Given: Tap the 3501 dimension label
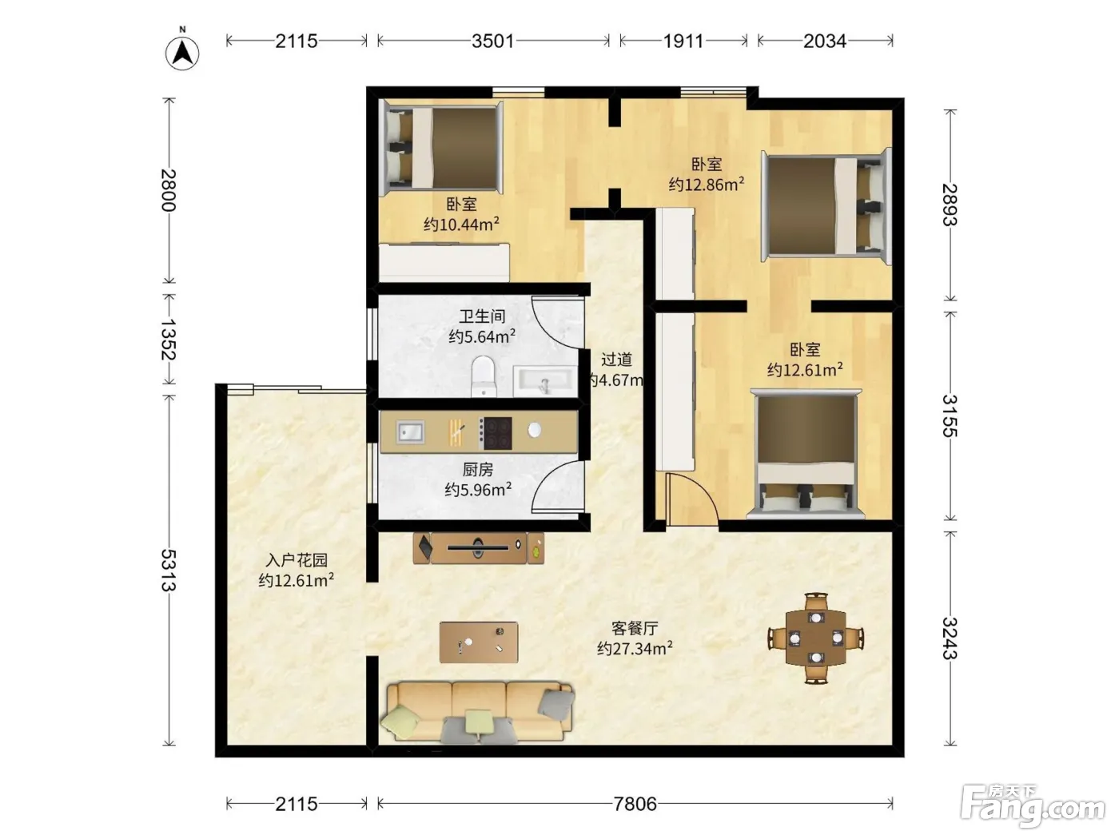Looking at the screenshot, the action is click(x=492, y=42).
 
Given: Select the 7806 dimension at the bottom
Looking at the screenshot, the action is click(x=635, y=805).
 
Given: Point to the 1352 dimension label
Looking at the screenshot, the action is click(x=169, y=340).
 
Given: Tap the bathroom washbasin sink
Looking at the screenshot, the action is click(x=545, y=381).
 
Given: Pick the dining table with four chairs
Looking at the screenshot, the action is click(x=816, y=638).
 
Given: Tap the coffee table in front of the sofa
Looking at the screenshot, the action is click(x=479, y=642).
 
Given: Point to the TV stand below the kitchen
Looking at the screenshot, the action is click(x=478, y=547).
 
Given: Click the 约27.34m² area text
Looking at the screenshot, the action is click(x=635, y=649).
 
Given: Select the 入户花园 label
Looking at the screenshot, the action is click(x=297, y=560).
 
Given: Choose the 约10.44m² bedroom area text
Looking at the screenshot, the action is click(x=461, y=225).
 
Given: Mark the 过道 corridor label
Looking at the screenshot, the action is click(x=616, y=360).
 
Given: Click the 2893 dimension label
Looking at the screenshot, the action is click(x=950, y=205).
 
